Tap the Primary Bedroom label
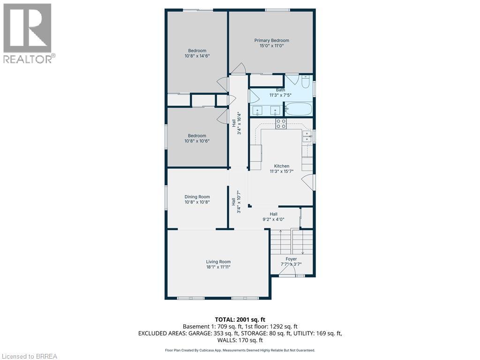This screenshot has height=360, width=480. tap(271, 41)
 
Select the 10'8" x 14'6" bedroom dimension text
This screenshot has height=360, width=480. tap(197, 56)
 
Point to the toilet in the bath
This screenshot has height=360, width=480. tap(305, 82)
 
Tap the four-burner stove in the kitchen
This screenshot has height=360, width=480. tap(281, 124)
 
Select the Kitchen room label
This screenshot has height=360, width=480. tap(281, 166)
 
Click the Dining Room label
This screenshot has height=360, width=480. tap(197, 197)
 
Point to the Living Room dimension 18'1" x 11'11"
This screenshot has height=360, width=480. tap(218, 267)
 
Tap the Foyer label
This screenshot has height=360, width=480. tap(291, 259)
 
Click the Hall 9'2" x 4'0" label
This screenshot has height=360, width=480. tap(273, 217)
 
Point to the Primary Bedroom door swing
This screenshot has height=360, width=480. tap(240, 69)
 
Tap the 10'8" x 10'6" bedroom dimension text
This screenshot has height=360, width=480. tap(197, 141)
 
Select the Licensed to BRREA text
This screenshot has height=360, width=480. tap(29, 356)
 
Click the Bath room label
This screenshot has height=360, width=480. tap(280, 90)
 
